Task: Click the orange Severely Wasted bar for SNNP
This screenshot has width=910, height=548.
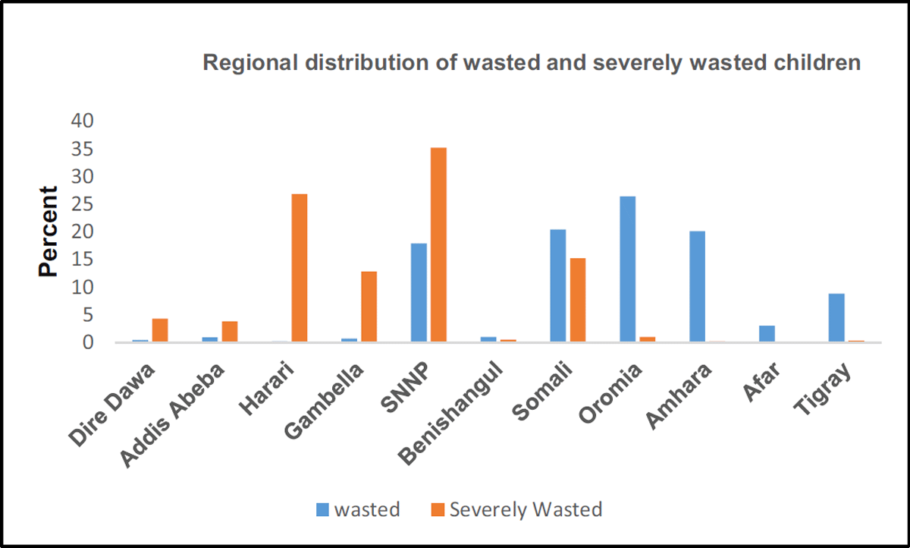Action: point(438,244)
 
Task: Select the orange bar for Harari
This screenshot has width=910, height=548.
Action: point(299,268)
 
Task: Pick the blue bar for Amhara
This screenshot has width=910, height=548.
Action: point(697,286)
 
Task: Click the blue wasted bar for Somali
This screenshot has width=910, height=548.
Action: point(557,285)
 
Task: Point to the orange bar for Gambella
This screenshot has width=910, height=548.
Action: point(369,307)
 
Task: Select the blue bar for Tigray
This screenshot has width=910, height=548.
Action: point(836,317)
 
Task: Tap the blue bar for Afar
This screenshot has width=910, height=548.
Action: point(767,334)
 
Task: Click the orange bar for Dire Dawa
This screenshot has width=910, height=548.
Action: point(159,330)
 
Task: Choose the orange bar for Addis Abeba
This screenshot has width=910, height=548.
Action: point(229,332)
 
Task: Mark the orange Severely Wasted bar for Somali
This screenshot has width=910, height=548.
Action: point(577,300)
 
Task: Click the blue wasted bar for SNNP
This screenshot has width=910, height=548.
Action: point(419,292)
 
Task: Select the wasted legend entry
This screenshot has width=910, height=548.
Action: point(357,509)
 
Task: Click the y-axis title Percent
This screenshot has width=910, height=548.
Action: point(48,231)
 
